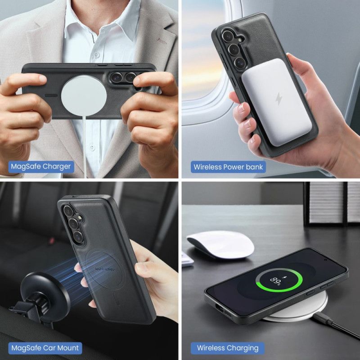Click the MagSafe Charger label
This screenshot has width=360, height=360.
coord(40,166)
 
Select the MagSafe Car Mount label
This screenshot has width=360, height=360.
coord(45,347)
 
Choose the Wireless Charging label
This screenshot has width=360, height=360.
coord(228,347)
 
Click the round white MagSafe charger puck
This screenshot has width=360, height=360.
coord(84,93)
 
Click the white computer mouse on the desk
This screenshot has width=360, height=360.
coord(220,244)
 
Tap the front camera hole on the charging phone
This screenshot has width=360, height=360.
coord(326,260)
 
